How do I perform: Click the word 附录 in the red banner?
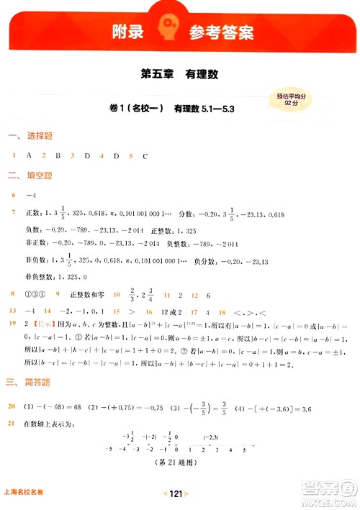(x=122, y=32)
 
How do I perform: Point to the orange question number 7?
(x=13, y=214)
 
